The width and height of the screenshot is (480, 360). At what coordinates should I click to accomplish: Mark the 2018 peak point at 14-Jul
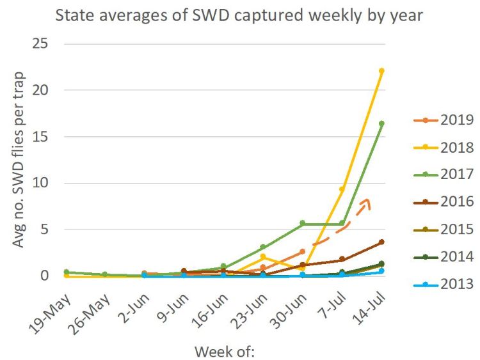pos(381,71)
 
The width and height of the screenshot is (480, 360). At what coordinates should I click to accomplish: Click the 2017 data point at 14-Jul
pos(381,123)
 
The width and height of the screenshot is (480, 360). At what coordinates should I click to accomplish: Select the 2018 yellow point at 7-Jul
pos(342,189)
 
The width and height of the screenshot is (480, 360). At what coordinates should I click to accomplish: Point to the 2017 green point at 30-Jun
pos(302,223)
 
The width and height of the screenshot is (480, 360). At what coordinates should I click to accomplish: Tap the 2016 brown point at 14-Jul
pos(381,242)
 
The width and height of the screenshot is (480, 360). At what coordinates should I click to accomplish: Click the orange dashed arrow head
pos(366,201)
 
